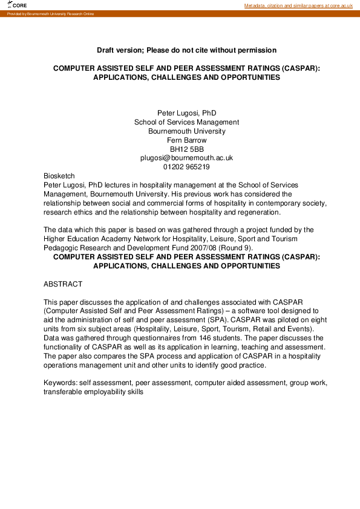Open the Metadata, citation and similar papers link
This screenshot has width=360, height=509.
298,5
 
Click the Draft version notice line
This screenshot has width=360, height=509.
186,50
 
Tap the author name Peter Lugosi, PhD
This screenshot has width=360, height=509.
186,113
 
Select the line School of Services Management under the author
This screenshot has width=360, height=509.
186,122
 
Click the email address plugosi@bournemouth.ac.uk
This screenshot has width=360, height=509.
186,158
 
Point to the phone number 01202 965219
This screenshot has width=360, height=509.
186,167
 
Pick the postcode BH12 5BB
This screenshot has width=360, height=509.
186,149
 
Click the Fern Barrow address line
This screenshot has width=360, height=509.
186,140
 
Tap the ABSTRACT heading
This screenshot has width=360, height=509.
63,284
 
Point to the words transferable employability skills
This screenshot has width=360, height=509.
93,392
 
